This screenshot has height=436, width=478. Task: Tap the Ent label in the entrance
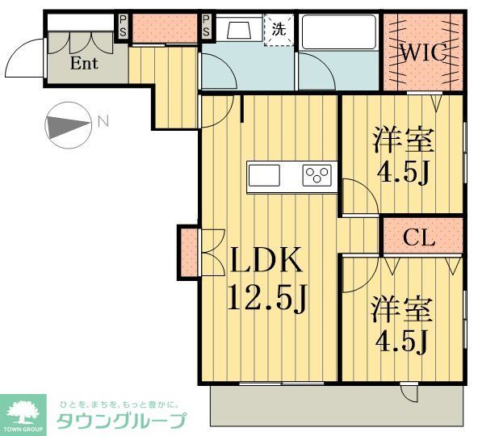coord(84,63)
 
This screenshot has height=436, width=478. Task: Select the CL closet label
coord(420,237)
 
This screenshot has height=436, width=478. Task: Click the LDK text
coord(266,262)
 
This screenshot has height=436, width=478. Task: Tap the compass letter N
coord(103,122)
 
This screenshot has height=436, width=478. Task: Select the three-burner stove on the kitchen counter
coord(317,174)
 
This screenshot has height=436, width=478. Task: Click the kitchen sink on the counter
coord(263,174)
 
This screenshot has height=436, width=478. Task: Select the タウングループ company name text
coord(121,420)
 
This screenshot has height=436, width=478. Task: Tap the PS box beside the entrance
coord(123,24)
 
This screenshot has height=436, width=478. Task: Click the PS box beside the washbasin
coord(207,25)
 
